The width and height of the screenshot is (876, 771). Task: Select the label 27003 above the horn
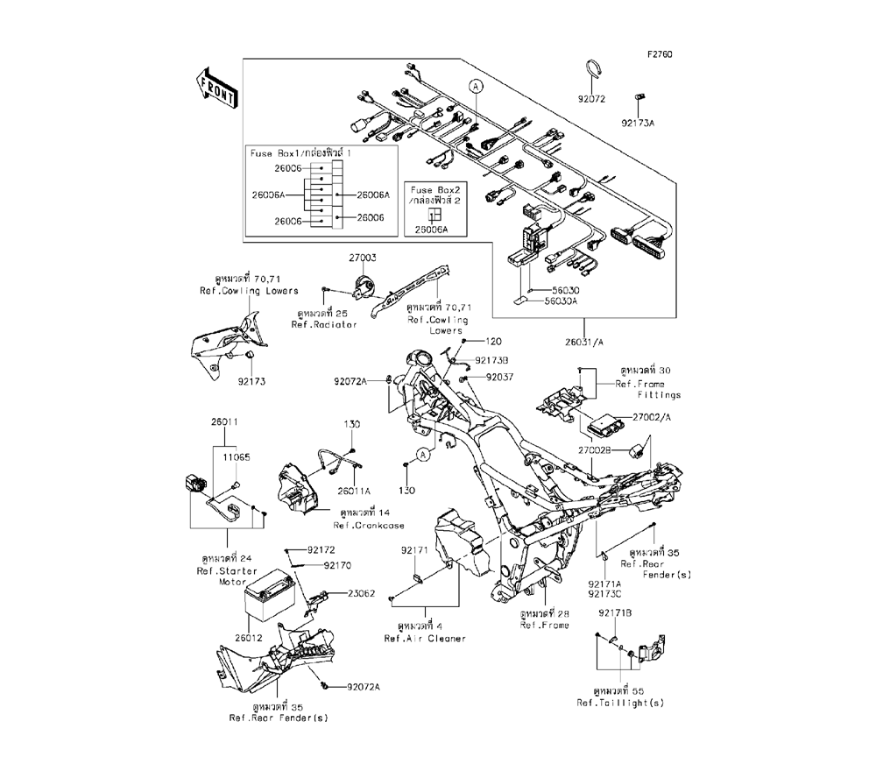tap(362, 258)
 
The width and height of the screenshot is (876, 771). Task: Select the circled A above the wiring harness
tap(476, 87)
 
